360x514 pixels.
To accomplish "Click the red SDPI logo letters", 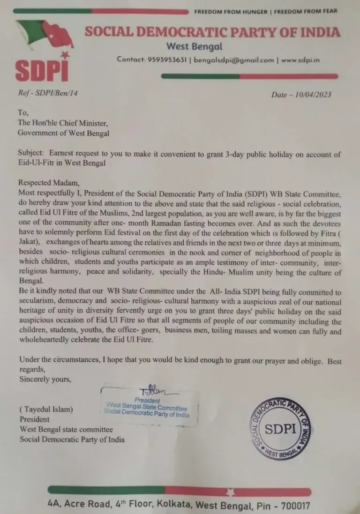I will [x=42, y=70].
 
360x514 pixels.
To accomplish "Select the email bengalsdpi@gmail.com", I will [x=233, y=60].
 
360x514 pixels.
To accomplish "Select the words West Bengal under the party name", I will [x=194, y=46].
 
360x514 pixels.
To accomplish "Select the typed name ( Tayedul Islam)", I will [x=46, y=410].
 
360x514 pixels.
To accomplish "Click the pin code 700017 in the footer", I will [x=292, y=506].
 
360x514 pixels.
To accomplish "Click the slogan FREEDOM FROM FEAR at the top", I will [x=306, y=11].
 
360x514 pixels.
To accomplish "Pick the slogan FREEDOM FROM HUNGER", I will [x=230, y=11].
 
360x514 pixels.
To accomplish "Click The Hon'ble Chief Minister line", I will [x=63, y=123].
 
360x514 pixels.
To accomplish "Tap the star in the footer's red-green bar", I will [x=230, y=492].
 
